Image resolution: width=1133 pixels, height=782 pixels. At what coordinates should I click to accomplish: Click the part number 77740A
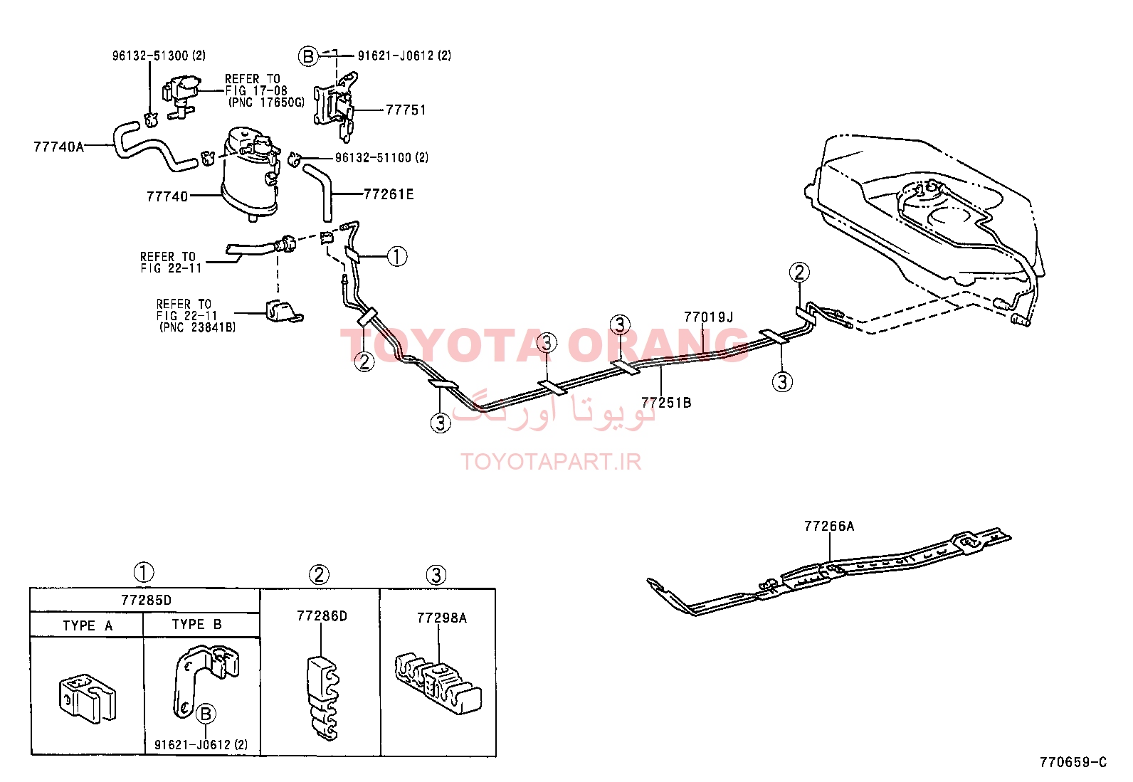tap(58, 147)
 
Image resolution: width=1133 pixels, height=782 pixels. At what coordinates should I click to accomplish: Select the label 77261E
tap(389, 194)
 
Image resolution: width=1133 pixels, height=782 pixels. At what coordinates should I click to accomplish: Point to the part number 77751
tap(406, 110)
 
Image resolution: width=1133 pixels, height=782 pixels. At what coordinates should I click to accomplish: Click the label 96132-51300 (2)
tap(159, 56)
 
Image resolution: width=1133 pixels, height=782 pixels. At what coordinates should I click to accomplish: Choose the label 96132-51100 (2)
tap(382, 158)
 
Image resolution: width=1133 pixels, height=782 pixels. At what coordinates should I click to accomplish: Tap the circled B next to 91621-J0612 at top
tap(308, 56)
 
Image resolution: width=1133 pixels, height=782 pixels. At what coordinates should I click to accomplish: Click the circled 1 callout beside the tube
tap(397, 256)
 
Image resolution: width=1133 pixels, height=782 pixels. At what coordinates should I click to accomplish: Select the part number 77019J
tap(708, 317)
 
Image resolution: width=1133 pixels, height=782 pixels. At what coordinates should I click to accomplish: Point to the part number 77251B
tap(666, 403)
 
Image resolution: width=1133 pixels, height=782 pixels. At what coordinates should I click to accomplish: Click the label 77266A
tap(829, 526)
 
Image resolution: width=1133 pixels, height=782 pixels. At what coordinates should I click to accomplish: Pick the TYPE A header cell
tap(87, 625)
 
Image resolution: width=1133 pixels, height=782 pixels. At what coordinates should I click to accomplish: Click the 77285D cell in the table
tap(146, 601)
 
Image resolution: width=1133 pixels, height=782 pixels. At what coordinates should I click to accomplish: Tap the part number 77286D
tap(322, 616)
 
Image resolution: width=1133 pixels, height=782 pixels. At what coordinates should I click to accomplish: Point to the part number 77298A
tap(441, 618)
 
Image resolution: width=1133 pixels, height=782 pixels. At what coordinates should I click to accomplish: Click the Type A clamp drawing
tap(87, 698)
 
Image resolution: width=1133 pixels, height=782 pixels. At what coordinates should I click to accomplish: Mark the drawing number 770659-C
tap(1073, 762)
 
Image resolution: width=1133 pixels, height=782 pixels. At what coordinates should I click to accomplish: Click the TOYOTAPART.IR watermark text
tap(551, 462)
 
